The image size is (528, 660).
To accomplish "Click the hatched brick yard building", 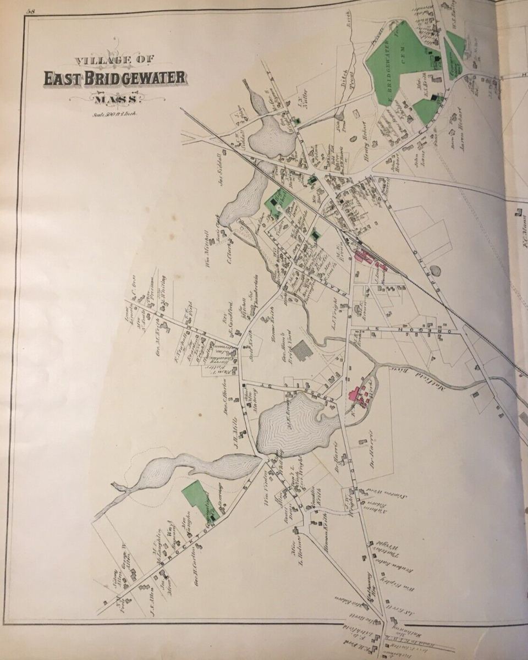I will (x=301, y=350).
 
